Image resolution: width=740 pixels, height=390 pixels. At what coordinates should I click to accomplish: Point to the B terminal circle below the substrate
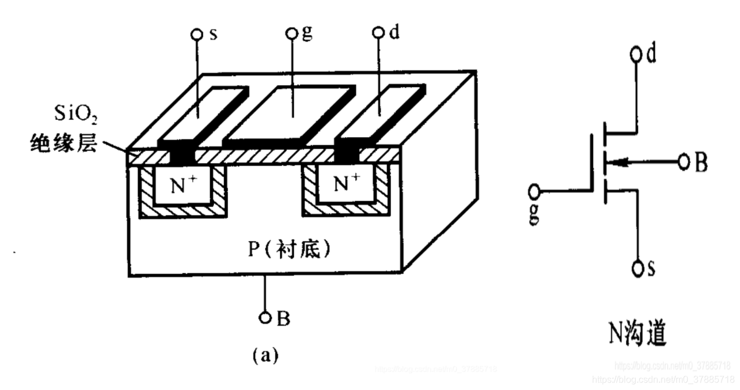[265, 317]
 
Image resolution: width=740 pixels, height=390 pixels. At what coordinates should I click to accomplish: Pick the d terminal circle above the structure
[379, 34]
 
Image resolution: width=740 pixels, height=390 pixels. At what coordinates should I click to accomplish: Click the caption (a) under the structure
[265, 355]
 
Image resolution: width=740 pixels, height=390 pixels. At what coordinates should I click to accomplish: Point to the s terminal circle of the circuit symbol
[637, 268]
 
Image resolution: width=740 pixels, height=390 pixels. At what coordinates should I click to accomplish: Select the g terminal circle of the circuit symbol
[535, 191]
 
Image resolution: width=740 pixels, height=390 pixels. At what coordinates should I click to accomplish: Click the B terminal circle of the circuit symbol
[684, 162]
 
